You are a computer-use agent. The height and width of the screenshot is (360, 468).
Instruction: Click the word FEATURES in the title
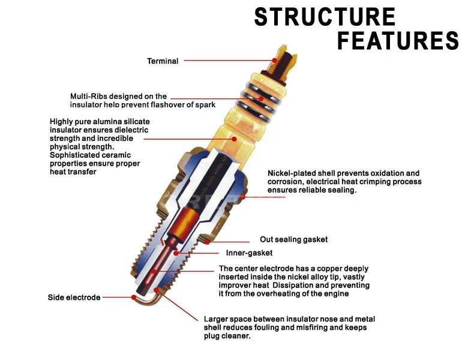[x=398, y=41]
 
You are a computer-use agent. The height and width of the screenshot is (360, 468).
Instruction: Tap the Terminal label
[x=163, y=61]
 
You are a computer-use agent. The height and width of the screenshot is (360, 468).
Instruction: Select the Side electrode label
[x=74, y=298]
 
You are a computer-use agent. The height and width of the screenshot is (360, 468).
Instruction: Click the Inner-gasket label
[x=249, y=253]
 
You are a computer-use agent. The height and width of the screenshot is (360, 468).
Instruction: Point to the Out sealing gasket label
[x=293, y=239]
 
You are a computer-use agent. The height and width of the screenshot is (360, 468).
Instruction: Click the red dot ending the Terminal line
[x=274, y=60]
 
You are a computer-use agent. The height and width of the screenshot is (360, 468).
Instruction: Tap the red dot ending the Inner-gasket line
[x=176, y=253]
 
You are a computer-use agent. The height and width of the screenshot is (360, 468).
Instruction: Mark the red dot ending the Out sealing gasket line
[x=207, y=242]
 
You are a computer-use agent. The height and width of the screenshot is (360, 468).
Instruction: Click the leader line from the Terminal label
[x=228, y=61]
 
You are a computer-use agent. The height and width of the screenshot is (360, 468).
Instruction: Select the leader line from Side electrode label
[x=117, y=297]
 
